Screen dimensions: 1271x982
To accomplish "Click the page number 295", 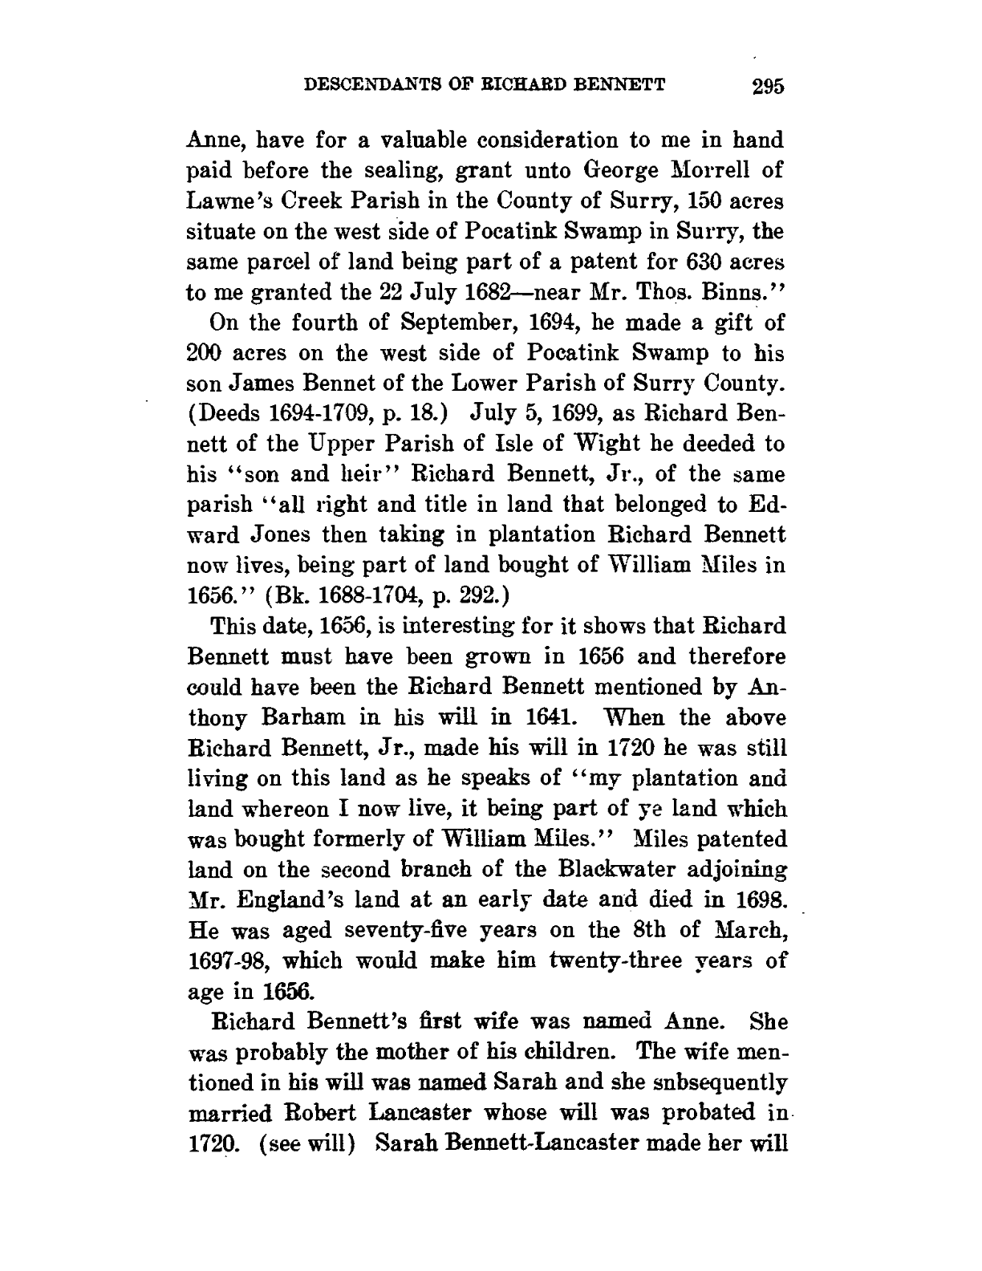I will (768, 86).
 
